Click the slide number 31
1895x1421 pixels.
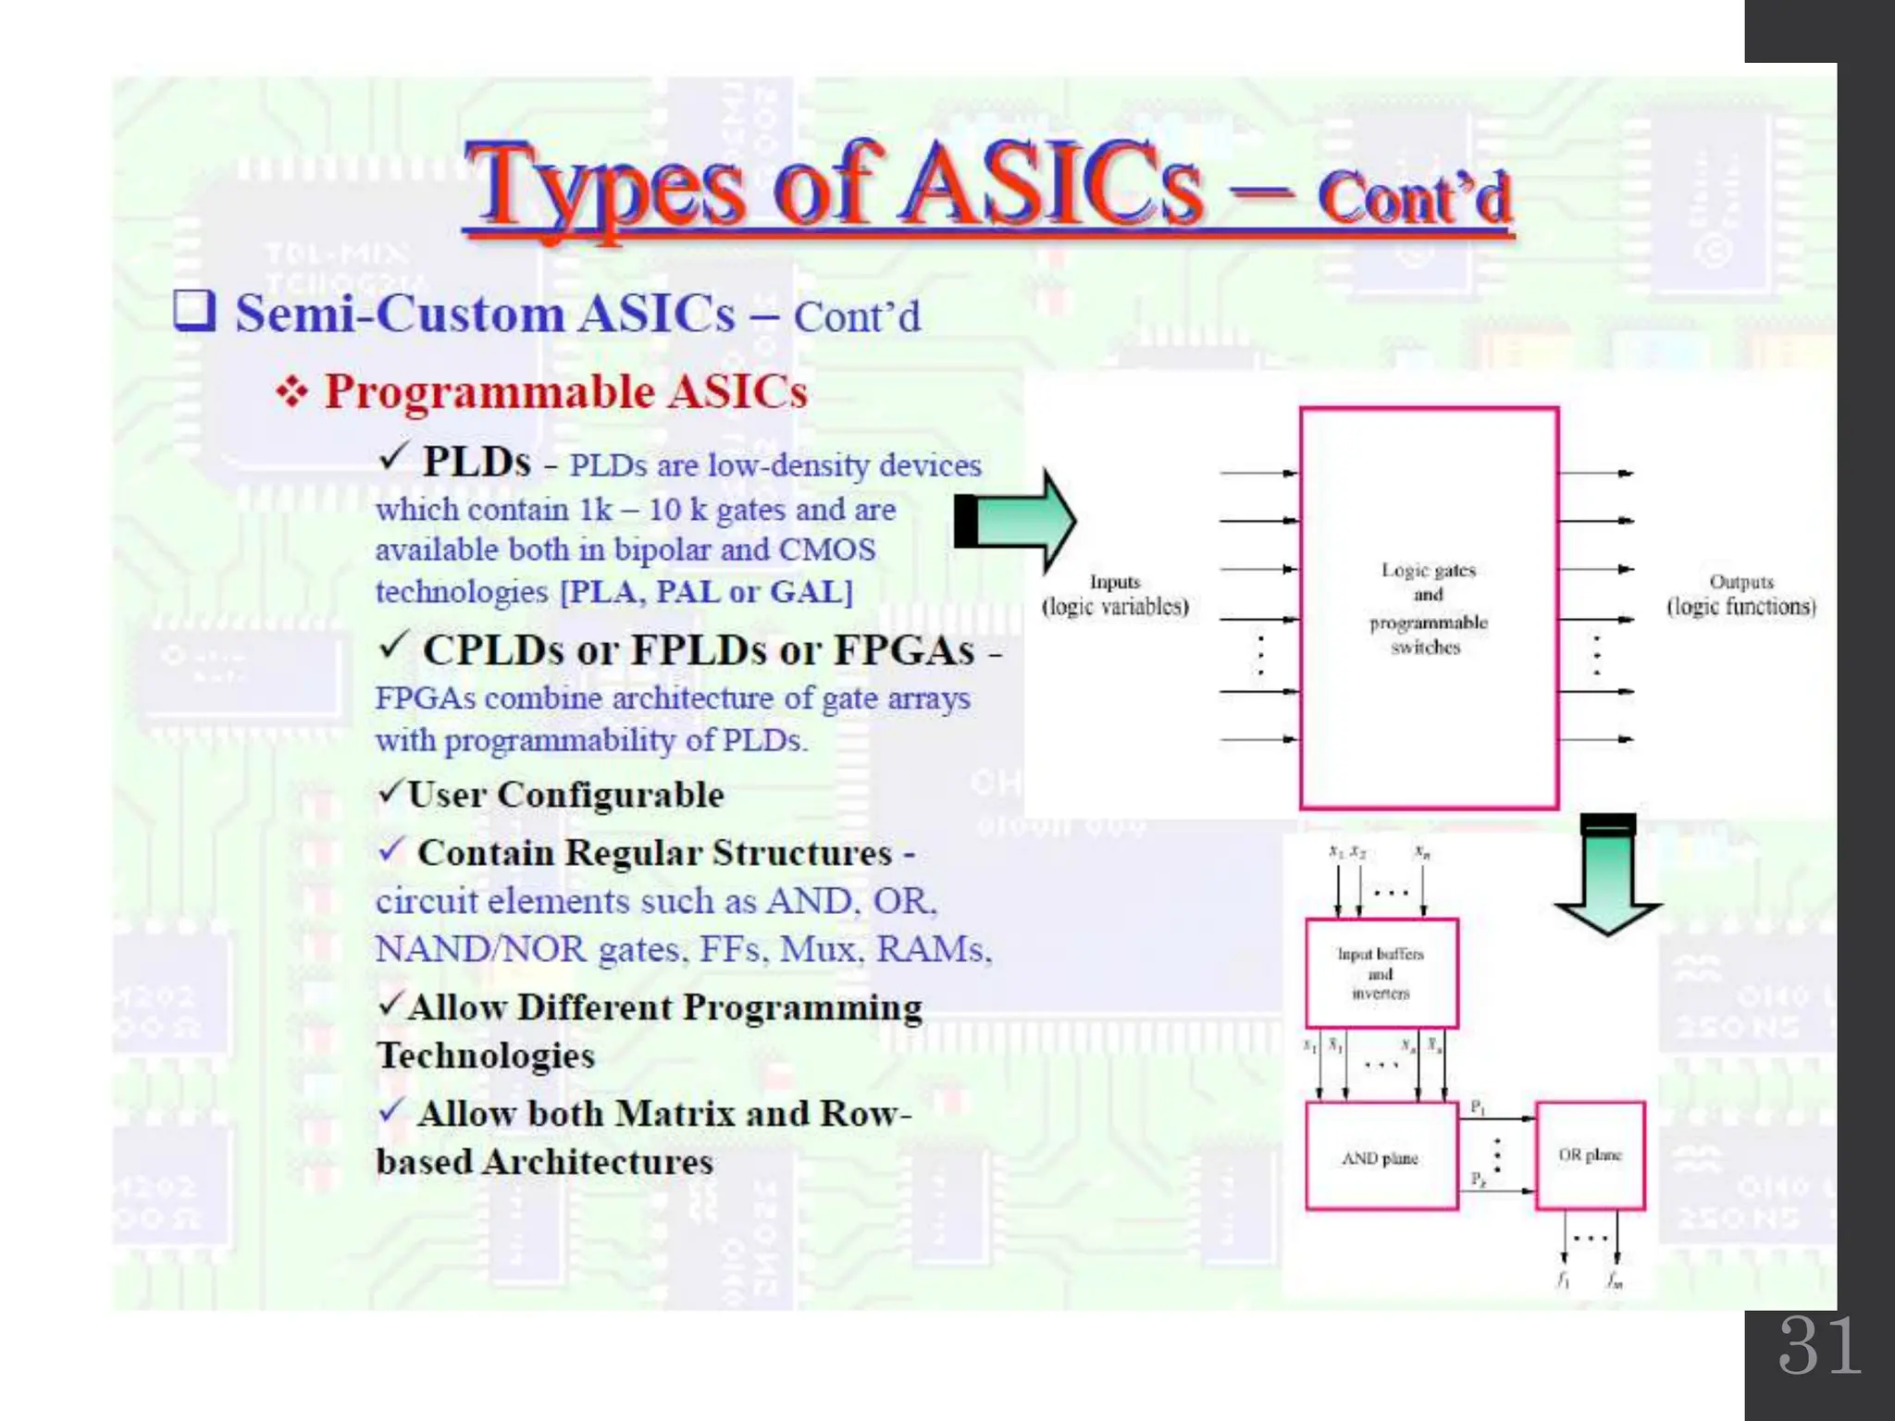(1819, 1346)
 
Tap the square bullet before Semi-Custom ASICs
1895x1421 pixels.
(194, 311)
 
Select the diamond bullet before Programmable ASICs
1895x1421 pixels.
(292, 392)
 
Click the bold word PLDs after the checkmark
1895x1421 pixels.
(477, 462)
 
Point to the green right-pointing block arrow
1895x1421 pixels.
(1018, 521)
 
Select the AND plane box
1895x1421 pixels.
(1381, 1156)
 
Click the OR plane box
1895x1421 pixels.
(1590, 1155)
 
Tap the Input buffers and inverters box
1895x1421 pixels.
(1381, 973)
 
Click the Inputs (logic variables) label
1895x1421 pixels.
(1115, 594)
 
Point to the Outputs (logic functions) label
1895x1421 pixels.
(1740, 594)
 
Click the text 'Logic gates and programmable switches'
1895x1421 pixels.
(1428, 608)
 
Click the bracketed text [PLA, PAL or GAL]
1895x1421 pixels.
(707, 591)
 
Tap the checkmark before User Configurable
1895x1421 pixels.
(390, 793)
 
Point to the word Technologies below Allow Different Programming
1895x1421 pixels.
(486, 1056)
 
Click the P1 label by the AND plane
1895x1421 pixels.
(1478, 1107)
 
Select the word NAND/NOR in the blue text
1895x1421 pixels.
(481, 949)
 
